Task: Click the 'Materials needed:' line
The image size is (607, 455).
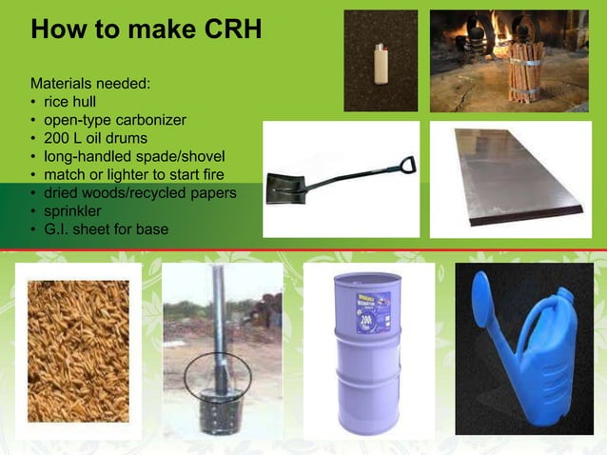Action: coord(89,84)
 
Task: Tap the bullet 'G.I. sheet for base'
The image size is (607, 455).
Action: coord(106,228)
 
